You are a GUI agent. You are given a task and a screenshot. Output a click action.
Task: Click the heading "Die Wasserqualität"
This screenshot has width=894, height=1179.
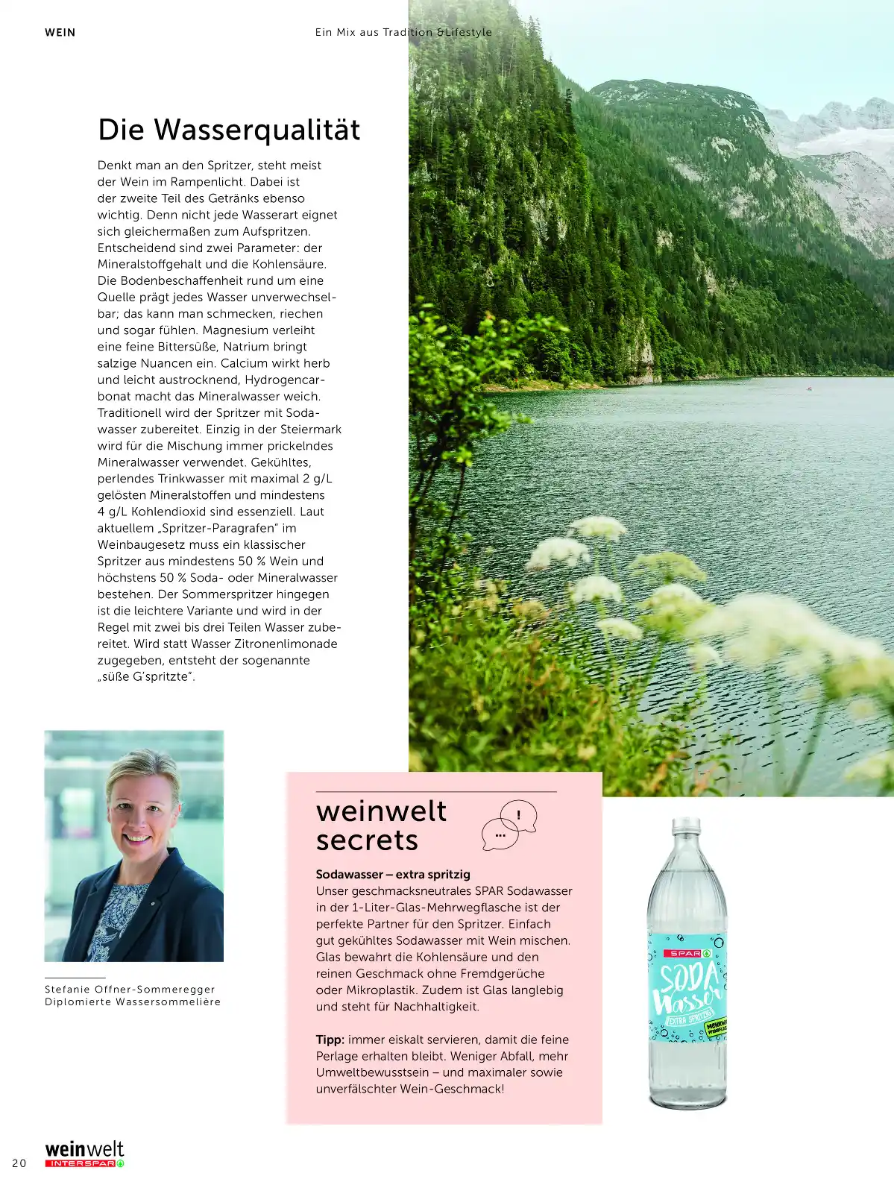(229, 130)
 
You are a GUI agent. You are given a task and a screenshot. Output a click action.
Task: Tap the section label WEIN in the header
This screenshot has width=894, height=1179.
(60, 32)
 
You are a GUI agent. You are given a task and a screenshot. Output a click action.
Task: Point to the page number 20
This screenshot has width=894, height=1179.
(19, 1163)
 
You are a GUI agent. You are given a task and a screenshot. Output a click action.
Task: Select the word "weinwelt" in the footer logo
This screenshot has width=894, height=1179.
(84, 1149)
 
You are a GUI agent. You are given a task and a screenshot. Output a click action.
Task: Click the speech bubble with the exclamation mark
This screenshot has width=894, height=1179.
(519, 815)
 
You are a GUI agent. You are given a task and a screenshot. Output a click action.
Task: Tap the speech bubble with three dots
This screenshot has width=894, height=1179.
(500, 834)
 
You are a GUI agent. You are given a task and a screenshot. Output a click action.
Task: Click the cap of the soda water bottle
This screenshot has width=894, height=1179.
(687, 825)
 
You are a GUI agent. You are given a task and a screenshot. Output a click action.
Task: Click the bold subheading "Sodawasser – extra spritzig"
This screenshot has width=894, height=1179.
(393, 874)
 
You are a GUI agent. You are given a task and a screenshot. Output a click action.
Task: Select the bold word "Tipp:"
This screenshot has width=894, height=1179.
(330, 1040)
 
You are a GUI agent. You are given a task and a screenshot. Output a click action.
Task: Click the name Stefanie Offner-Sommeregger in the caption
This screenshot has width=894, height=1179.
(130, 989)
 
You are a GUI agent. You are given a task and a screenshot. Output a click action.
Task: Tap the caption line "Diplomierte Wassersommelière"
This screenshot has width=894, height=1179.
(133, 1002)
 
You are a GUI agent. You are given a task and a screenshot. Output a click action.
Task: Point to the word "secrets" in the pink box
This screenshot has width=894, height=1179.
(367, 840)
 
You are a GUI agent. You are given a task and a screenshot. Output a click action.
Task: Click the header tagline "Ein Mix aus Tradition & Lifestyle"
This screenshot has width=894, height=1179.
(403, 32)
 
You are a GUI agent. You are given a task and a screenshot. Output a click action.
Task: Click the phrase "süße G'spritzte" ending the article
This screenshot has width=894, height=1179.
(145, 676)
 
